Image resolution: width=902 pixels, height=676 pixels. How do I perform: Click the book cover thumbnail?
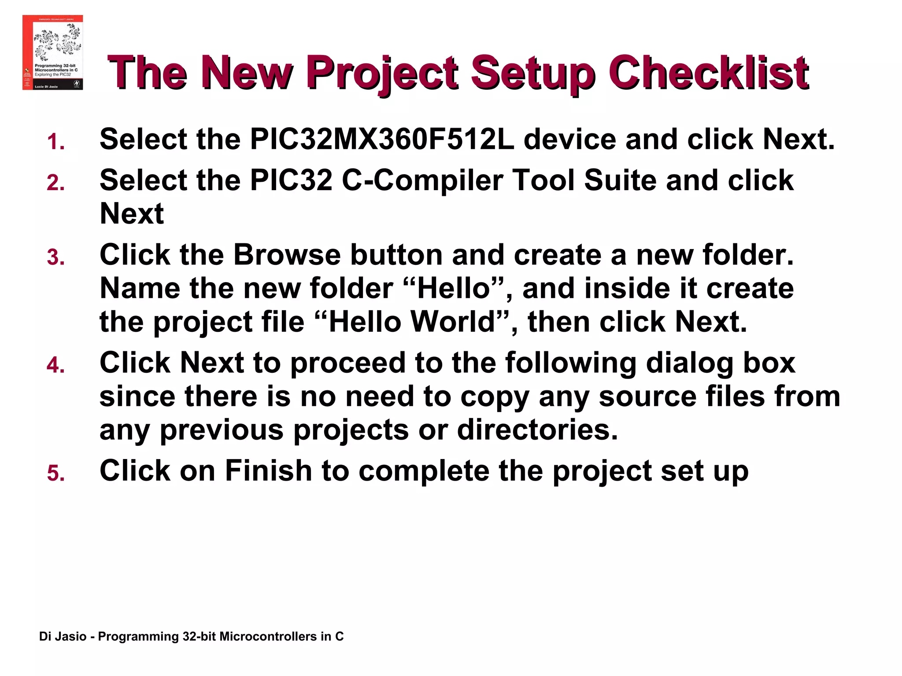[52, 52]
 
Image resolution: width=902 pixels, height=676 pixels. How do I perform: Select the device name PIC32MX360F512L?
[381, 140]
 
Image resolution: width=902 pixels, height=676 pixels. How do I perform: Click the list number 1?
[56, 142]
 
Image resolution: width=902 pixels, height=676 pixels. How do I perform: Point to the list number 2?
[56, 183]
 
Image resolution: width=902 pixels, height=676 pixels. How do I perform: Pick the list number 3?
[56, 257]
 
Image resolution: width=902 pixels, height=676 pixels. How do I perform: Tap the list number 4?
[56, 365]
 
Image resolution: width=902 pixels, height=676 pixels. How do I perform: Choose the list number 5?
[56, 474]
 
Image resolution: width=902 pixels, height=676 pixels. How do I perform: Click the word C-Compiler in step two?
[422, 181]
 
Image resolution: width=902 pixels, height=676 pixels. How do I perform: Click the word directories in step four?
[537, 430]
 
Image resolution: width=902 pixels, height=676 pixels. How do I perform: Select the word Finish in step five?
[268, 470]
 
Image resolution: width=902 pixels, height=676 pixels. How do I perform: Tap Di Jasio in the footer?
[63, 637]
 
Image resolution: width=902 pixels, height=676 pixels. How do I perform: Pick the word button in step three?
[396, 255]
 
